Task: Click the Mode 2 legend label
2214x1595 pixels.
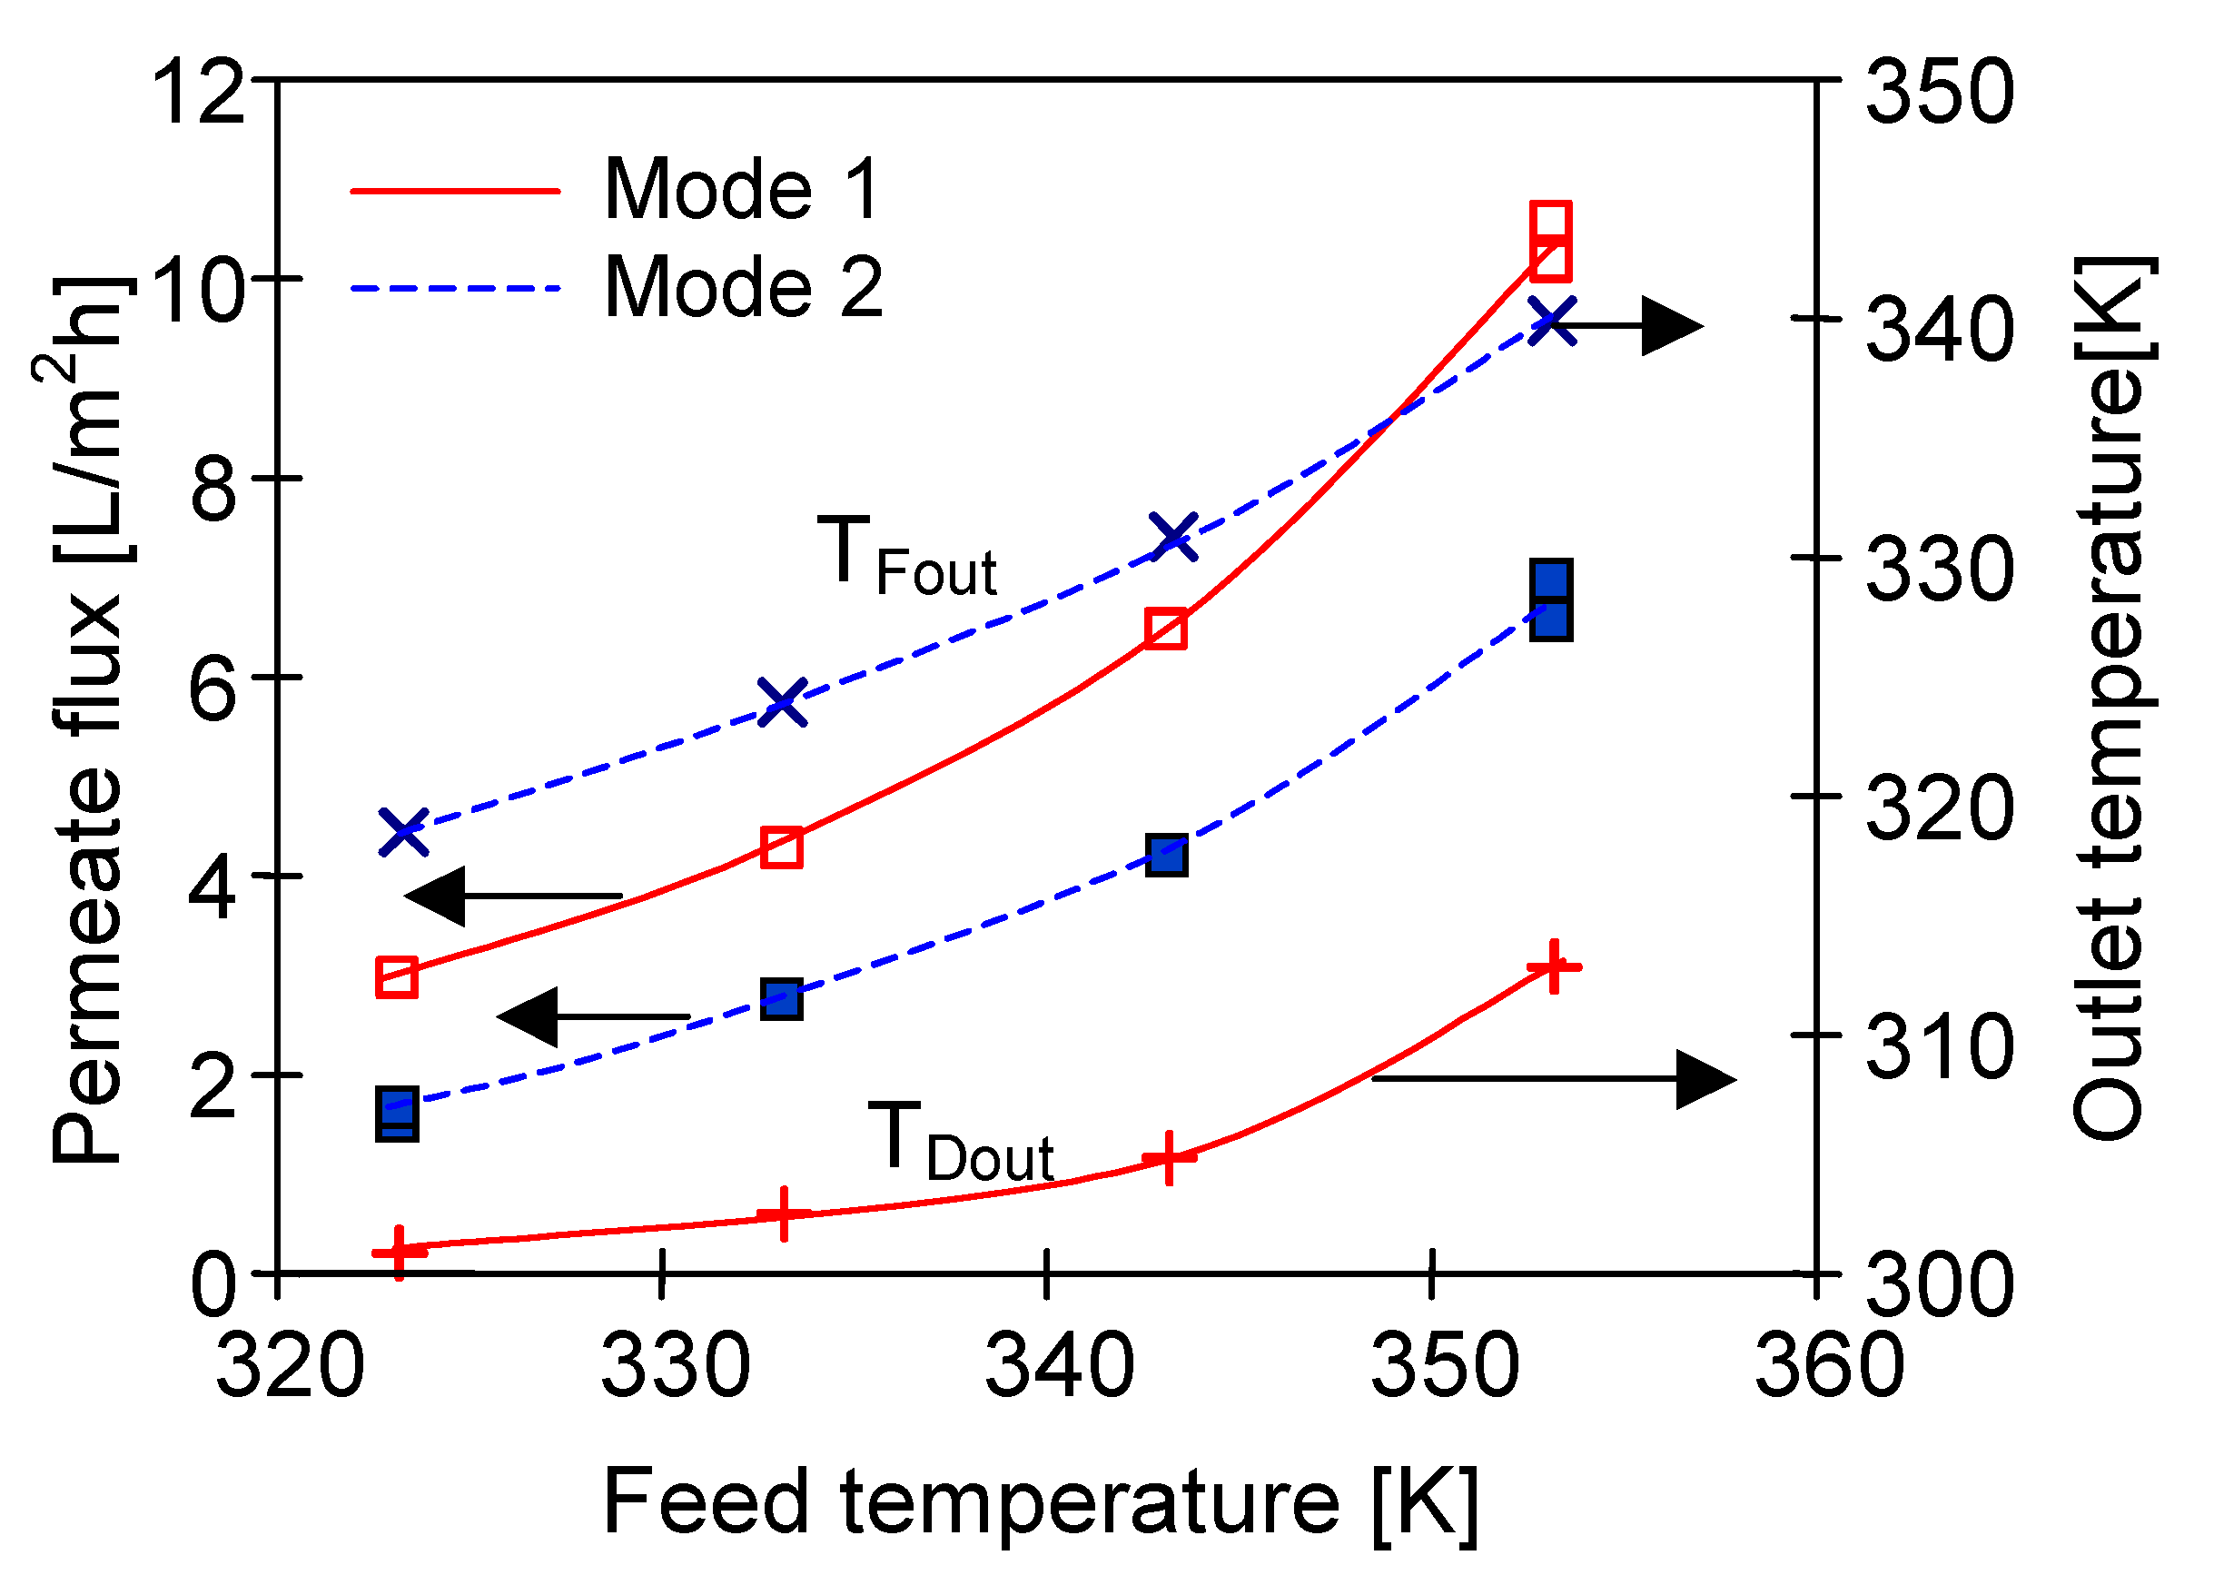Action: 742,287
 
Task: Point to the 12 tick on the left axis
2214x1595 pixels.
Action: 198,93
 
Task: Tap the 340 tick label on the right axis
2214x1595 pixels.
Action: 1939,330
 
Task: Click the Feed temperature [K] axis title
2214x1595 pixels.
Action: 1040,1502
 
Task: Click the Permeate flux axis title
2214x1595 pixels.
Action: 88,722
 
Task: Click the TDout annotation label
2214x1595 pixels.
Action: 960,1142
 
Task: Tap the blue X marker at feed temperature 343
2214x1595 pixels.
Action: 1173,537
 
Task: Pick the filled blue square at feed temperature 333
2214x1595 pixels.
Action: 783,999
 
